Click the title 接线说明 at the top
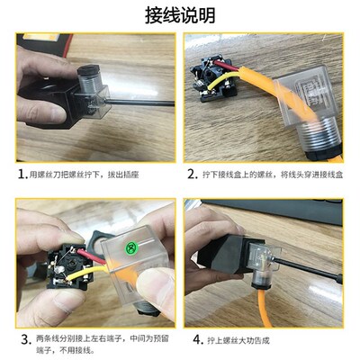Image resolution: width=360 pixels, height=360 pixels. [180, 15]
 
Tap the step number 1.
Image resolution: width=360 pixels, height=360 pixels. [22, 174]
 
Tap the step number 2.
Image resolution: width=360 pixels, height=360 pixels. [193, 174]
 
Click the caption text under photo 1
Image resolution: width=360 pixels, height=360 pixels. [99, 174]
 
